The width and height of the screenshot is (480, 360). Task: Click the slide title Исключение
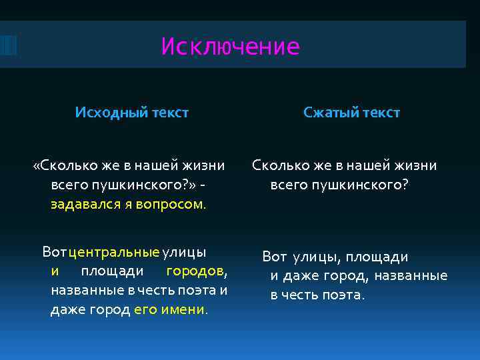tap(231, 47)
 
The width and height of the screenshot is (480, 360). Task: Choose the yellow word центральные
tap(114, 252)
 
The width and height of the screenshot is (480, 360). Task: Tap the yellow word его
tap(145, 310)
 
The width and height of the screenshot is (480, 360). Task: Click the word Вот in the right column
tap(274, 257)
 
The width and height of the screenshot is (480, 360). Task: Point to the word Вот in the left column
tap(54, 252)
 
